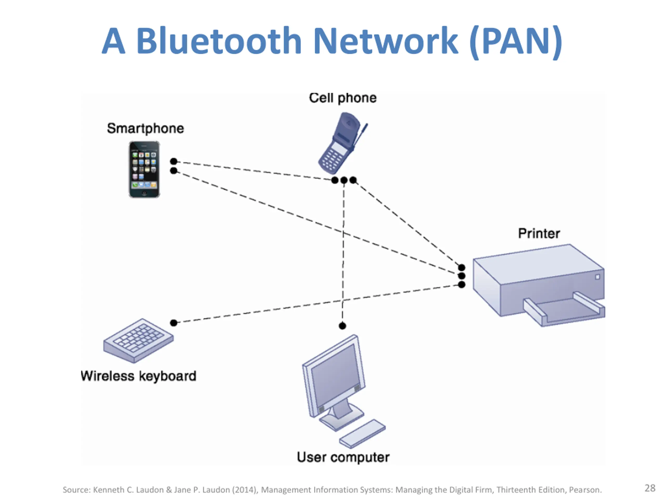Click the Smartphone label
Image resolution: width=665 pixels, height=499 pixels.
coord(145,128)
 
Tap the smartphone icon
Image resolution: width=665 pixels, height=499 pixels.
coord(144,169)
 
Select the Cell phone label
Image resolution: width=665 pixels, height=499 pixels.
coord(343,98)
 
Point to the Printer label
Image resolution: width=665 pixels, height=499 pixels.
coord(539,233)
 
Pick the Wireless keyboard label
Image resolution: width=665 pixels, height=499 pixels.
coord(139,376)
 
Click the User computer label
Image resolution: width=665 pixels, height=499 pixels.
coord(343,457)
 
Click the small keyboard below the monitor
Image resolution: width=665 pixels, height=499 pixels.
coord(362,433)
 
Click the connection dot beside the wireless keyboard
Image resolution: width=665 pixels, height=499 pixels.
coord(174,323)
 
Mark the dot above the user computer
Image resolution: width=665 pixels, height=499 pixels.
coord(342,326)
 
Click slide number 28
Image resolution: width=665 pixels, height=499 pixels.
coord(650,488)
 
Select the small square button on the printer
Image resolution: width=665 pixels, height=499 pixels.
coord(597,277)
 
